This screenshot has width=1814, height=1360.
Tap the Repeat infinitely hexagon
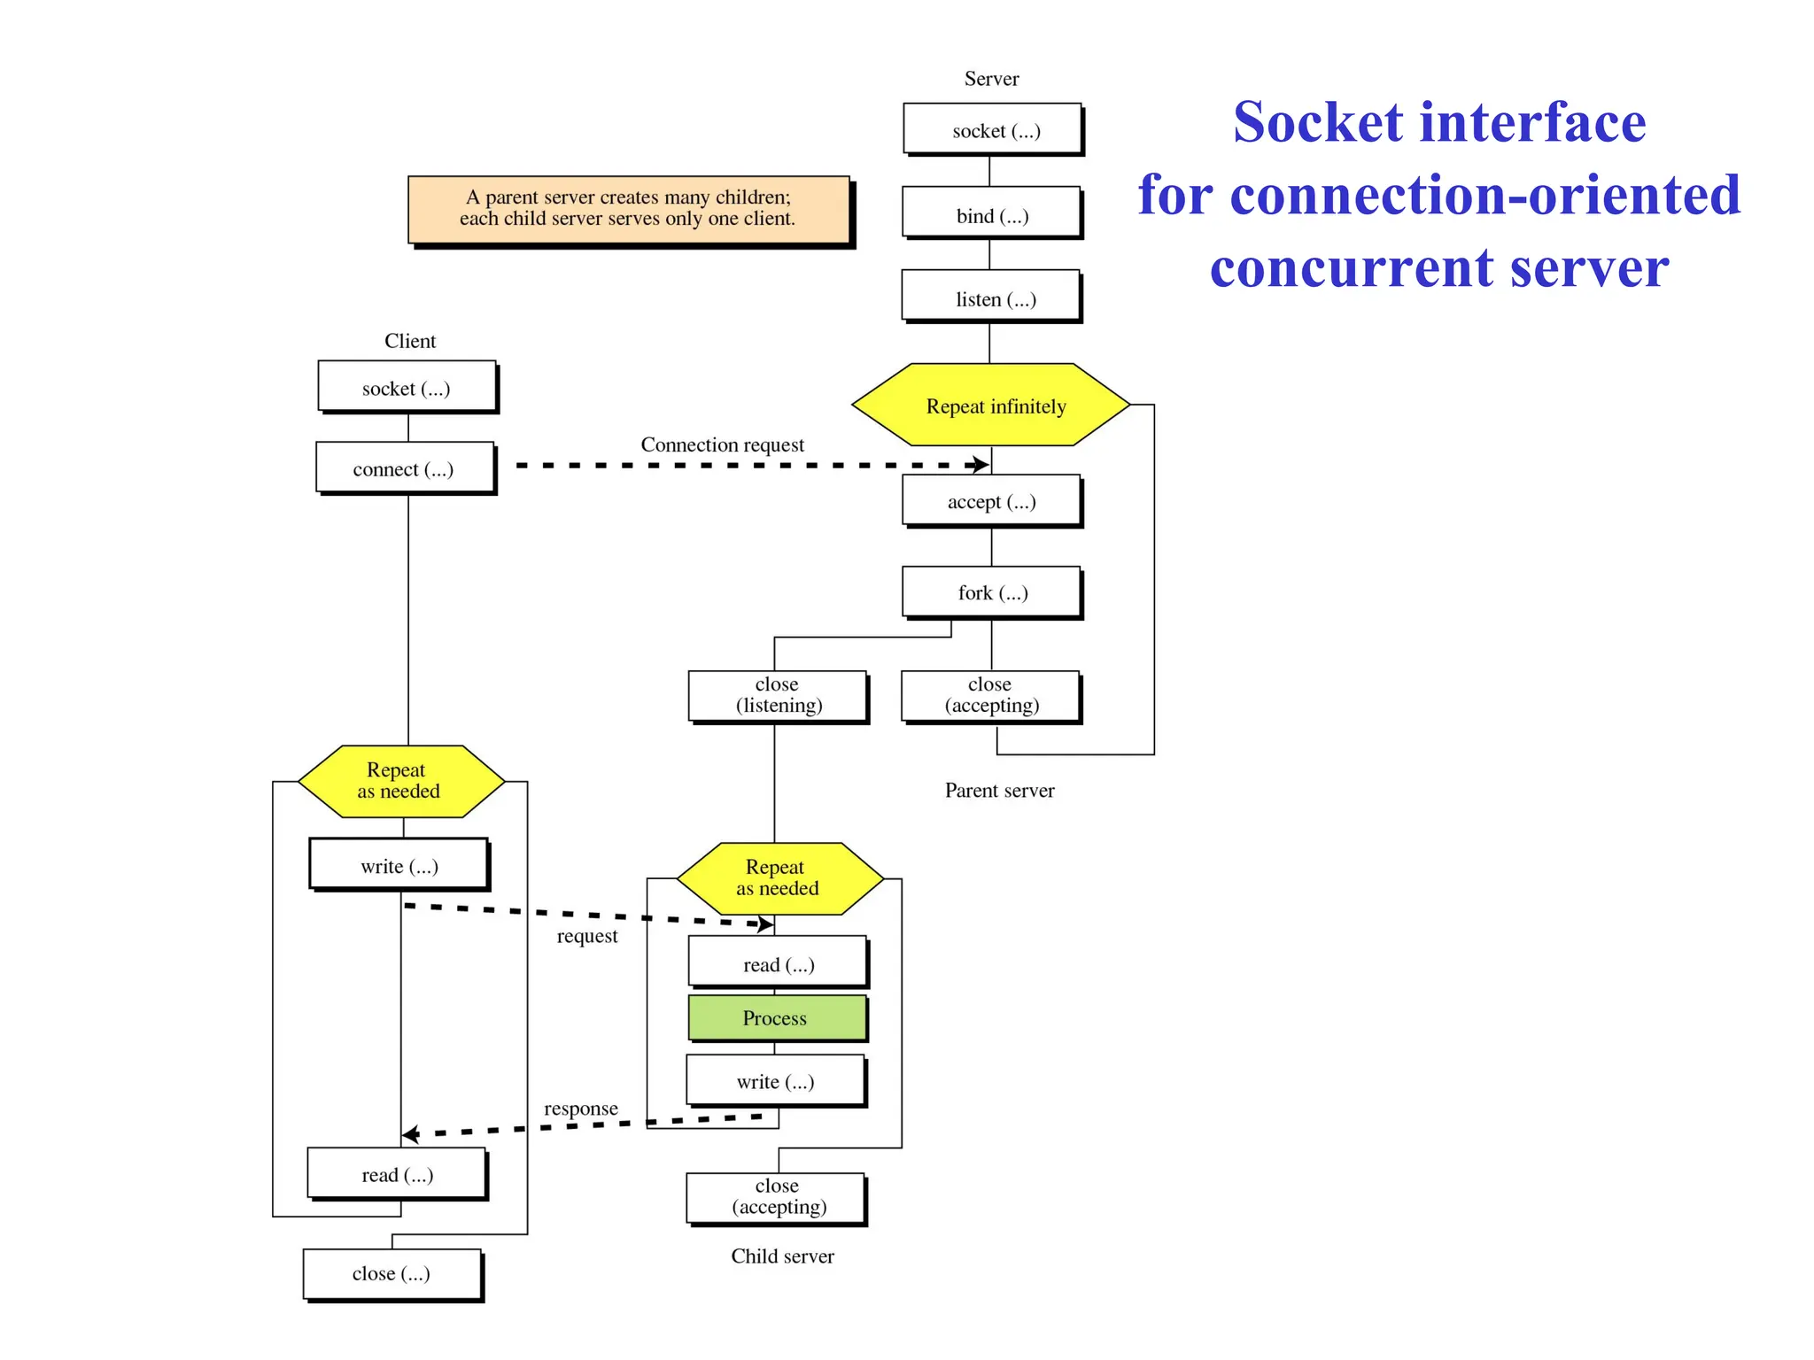click(x=991, y=406)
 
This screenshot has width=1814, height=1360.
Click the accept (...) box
click(x=991, y=501)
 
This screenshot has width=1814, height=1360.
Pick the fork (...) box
click(x=991, y=592)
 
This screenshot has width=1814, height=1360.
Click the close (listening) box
click(x=778, y=695)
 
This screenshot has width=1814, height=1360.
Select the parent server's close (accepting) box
click(x=990, y=695)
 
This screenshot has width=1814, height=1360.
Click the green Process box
click(x=776, y=1018)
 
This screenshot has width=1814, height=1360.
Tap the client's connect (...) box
click(x=405, y=468)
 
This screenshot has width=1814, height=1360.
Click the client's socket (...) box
click(x=407, y=387)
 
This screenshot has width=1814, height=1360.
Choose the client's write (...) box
click(x=399, y=865)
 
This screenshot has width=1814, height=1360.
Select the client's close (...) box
click(x=391, y=1273)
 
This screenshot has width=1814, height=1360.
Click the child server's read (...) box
click(x=778, y=963)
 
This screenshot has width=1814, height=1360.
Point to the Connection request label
click(x=722, y=444)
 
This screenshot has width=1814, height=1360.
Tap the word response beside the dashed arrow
click(x=580, y=1109)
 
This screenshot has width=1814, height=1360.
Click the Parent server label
click(x=999, y=790)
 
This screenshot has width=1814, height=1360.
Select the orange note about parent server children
click(x=628, y=209)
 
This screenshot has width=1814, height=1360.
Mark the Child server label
click(x=782, y=1256)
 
